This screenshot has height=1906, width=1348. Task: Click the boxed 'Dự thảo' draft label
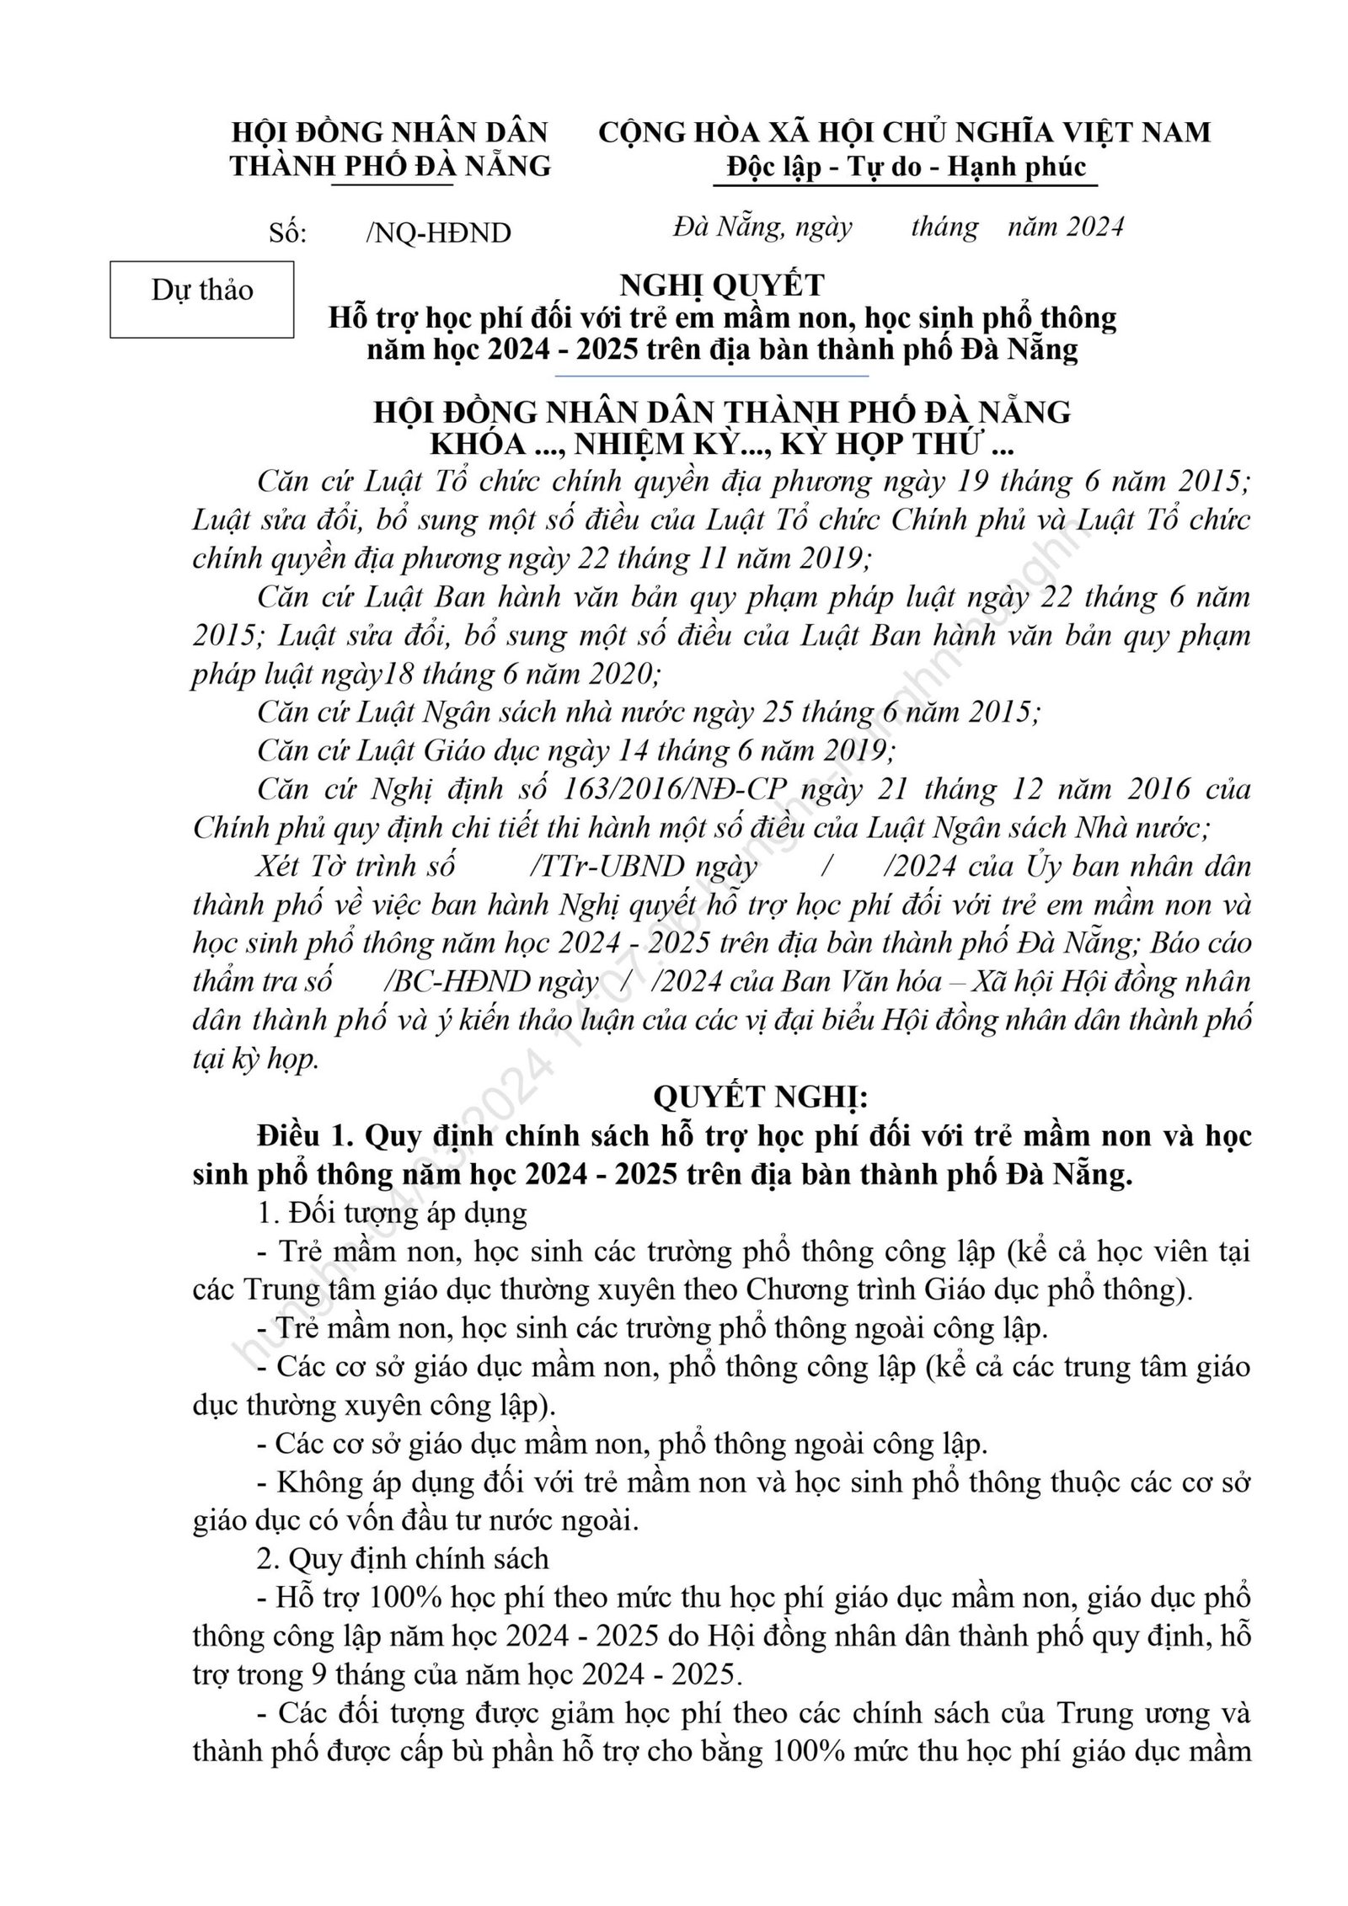pos(202,291)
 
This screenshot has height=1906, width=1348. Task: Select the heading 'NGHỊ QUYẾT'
pos(722,286)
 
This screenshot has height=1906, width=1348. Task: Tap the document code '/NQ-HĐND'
pos(438,233)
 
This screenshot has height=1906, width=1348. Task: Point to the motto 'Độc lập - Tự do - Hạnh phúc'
pos(906,167)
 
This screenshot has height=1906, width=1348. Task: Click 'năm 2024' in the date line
pos(1066,227)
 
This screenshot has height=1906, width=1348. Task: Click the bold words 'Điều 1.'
pos(303,1136)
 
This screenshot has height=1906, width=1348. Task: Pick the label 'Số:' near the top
pos(288,233)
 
